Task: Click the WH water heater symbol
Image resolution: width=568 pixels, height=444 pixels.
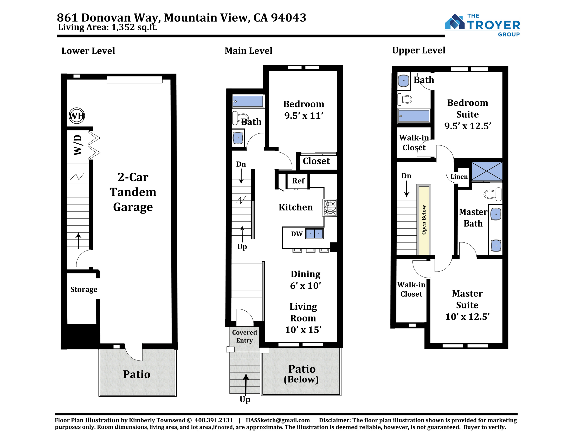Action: pyautogui.click(x=77, y=116)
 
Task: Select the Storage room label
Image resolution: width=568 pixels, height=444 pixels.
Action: pyautogui.click(x=84, y=290)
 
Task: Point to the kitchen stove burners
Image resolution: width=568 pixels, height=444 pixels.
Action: pyautogui.click(x=330, y=208)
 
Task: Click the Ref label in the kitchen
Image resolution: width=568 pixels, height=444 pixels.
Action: pyautogui.click(x=298, y=181)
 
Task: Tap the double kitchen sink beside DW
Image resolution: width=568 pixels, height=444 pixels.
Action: pyautogui.click(x=315, y=234)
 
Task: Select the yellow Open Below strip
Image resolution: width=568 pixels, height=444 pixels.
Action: pyautogui.click(x=424, y=220)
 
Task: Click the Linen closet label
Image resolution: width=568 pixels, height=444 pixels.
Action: pyautogui.click(x=459, y=177)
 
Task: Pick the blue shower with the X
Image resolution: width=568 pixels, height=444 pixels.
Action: pyautogui.click(x=487, y=171)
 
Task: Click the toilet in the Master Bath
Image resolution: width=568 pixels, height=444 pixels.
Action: pyautogui.click(x=492, y=194)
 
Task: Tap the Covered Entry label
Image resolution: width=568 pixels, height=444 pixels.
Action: pyautogui.click(x=244, y=336)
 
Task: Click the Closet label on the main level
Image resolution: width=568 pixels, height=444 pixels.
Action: pyautogui.click(x=316, y=161)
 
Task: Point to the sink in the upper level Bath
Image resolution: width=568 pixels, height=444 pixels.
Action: pyautogui.click(x=404, y=81)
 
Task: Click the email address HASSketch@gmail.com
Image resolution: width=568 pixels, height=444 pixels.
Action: pyautogui.click(x=278, y=420)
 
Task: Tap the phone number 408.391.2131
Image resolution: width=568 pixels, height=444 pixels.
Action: pyautogui.click(x=214, y=420)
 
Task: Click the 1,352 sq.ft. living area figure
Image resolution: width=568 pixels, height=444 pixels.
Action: pyautogui.click(x=134, y=27)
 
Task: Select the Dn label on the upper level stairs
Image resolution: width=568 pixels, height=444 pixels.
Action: pyautogui.click(x=406, y=176)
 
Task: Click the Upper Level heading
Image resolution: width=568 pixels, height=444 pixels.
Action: pyautogui.click(x=419, y=50)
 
